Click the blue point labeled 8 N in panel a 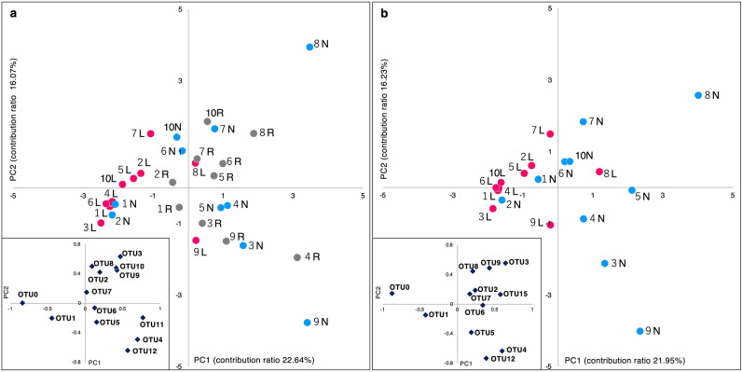tap(310, 47)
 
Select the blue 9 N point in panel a tap(307, 323)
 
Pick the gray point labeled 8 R tap(254, 133)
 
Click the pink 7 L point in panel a tap(150, 133)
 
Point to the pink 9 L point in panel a tap(196, 241)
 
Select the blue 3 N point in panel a tap(243, 245)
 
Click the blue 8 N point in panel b tap(697, 95)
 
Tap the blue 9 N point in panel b tap(639, 331)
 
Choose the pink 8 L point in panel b tap(599, 172)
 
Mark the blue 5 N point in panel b tap(632, 191)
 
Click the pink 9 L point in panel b tap(551, 225)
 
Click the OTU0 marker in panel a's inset tap(22, 302)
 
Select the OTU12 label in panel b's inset tap(502, 359)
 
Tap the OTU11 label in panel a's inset tap(152, 324)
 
